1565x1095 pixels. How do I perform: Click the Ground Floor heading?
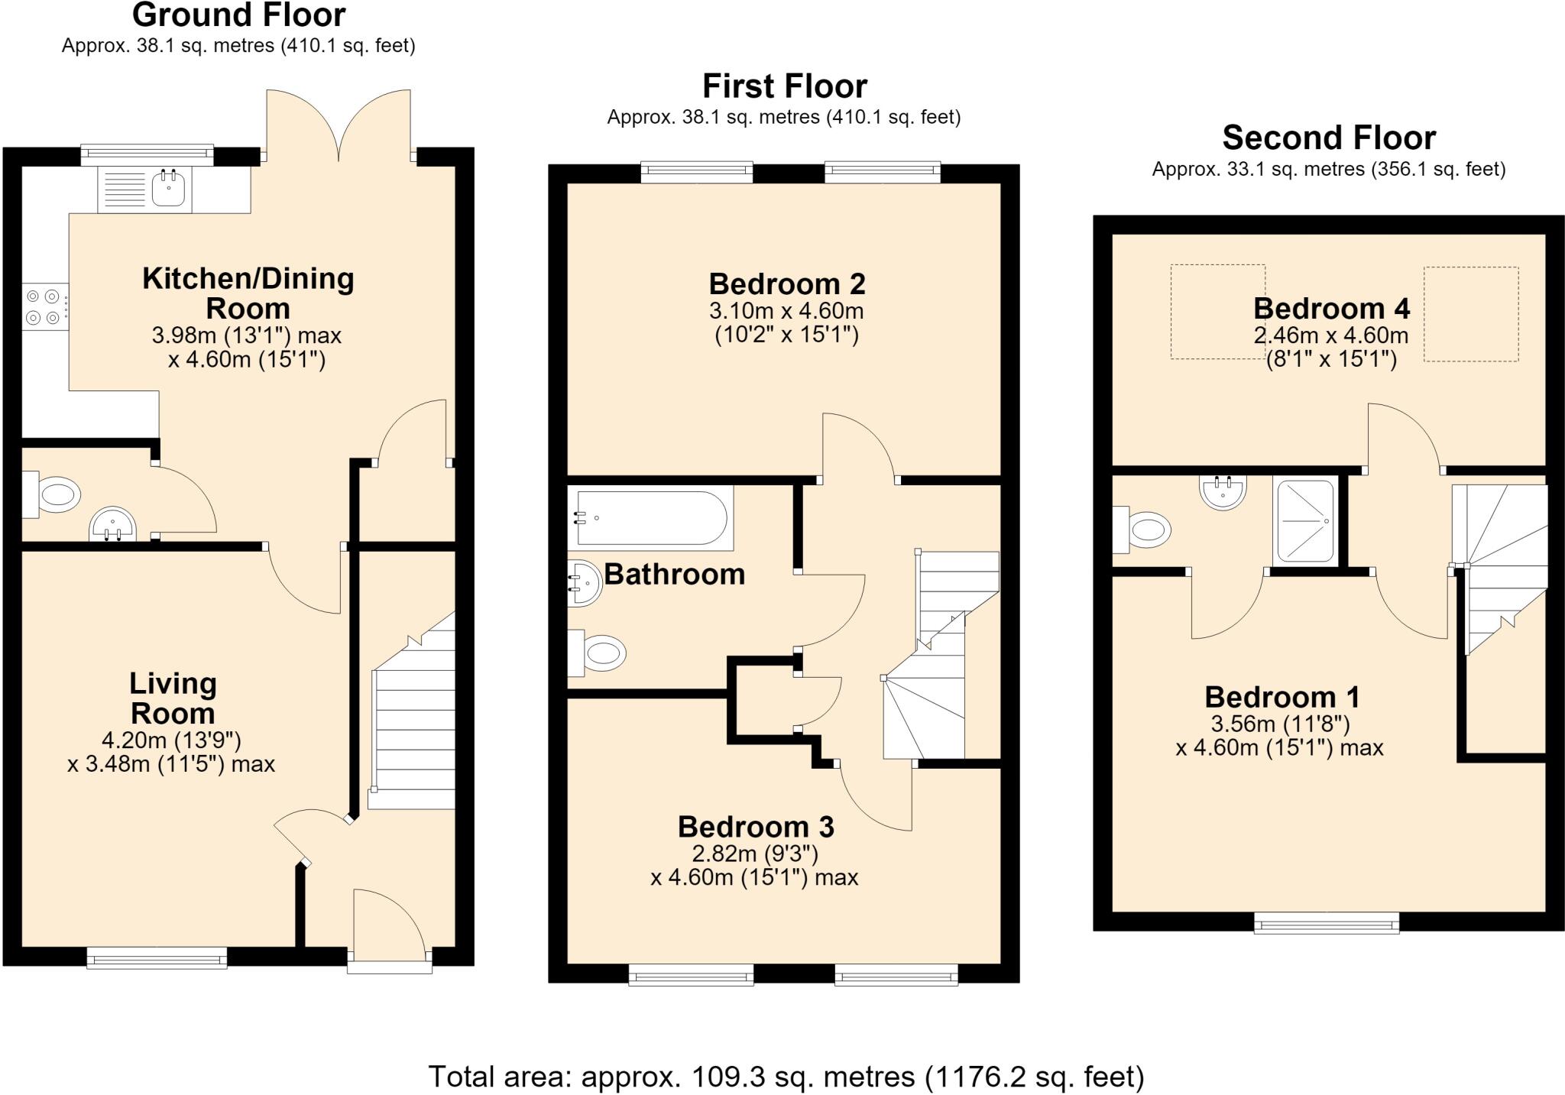239,15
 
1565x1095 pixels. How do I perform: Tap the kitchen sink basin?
169,189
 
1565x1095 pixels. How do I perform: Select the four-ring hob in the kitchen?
45,306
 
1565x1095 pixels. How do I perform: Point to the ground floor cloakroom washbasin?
113,524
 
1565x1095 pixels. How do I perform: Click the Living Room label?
173,698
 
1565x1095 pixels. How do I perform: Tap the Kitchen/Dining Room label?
248,293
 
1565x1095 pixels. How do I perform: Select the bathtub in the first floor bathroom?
650,518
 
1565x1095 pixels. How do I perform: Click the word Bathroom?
675,574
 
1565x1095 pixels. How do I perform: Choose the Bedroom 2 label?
787,283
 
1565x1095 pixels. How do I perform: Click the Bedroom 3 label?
756,827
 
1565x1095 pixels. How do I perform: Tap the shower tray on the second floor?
1306,521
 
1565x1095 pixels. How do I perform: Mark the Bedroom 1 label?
1282,697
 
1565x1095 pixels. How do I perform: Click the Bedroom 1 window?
1327,923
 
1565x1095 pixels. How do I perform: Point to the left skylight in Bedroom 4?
1218,312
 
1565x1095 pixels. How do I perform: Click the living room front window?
157,958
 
